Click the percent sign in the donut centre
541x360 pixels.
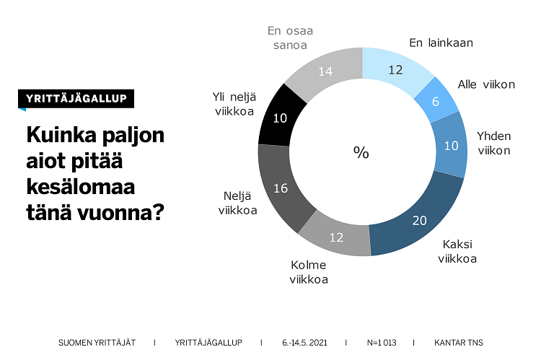(x=361, y=152)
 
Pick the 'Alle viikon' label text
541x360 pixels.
(x=486, y=84)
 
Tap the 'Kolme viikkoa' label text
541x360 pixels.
(x=309, y=272)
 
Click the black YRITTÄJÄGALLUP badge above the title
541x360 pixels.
(x=76, y=99)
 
